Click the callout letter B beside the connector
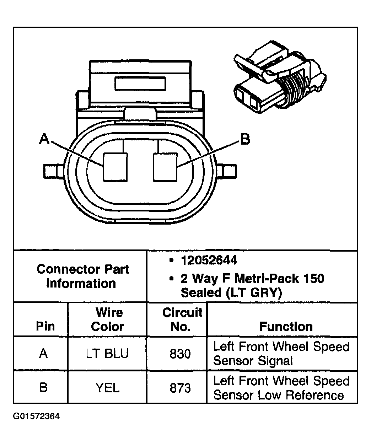click(x=245, y=139)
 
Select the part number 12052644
click(x=209, y=260)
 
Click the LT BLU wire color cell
click(x=107, y=354)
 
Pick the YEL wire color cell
click(x=107, y=387)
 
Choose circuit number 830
click(x=180, y=354)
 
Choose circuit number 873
click(x=180, y=387)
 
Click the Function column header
click(x=286, y=326)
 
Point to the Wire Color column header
click(x=108, y=319)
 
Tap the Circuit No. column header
click(x=182, y=319)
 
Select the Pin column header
click(x=45, y=326)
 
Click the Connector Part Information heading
click(x=82, y=276)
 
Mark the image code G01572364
click(x=36, y=416)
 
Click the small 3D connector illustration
click(x=279, y=82)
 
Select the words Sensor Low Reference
click(x=278, y=396)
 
